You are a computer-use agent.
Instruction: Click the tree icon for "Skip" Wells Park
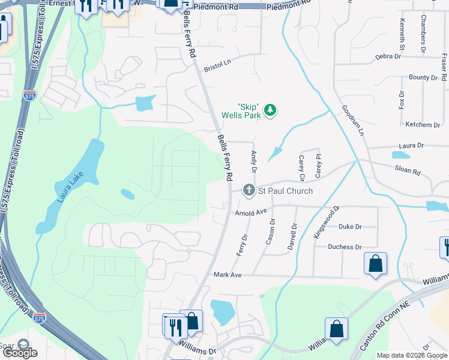pyautogui.click(x=271, y=110)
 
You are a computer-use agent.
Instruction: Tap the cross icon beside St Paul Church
pyautogui.click(x=249, y=191)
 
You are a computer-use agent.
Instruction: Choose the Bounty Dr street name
pyautogui.click(x=423, y=77)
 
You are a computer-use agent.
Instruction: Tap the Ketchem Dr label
pyautogui.click(x=423, y=125)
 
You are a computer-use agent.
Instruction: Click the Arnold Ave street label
pyautogui.click(x=250, y=212)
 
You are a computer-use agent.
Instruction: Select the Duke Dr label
pyautogui.click(x=350, y=227)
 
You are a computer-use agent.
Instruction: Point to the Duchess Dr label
pyautogui.click(x=345, y=247)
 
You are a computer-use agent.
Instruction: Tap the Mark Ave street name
pyautogui.click(x=228, y=274)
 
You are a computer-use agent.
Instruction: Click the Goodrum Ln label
pyautogui.click(x=353, y=121)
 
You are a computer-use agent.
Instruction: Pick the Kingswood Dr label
pyautogui.click(x=327, y=222)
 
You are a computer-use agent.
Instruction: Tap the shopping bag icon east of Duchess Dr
pyautogui.click(x=375, y=263)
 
